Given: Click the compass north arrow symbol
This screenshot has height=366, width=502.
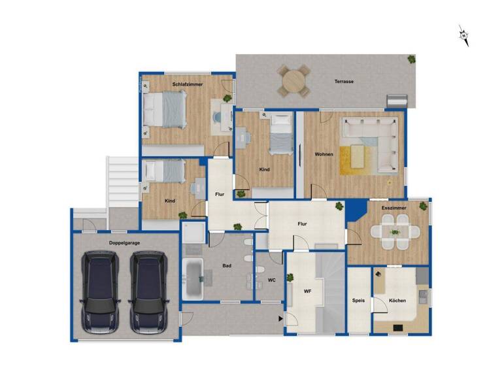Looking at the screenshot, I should [465, 35].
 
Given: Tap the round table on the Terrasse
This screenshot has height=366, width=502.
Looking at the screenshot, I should [293, 81].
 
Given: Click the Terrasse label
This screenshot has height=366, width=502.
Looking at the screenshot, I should [344, 82].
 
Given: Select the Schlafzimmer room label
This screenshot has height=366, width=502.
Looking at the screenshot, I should [188, 85].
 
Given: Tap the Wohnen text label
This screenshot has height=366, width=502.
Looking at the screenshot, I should [324, 155].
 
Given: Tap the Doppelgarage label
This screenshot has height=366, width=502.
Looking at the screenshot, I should [125, 242].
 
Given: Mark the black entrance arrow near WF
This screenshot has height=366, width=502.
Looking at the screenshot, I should [280, 319].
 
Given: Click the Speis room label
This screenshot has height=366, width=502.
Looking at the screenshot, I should [358, 301].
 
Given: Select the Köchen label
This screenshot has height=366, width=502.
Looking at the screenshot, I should [397, 301].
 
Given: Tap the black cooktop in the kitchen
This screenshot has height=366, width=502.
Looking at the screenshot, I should [397, 327].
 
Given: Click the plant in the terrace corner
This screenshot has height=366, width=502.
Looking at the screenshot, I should [411, 59].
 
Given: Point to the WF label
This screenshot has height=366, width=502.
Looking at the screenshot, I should [306, 291].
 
